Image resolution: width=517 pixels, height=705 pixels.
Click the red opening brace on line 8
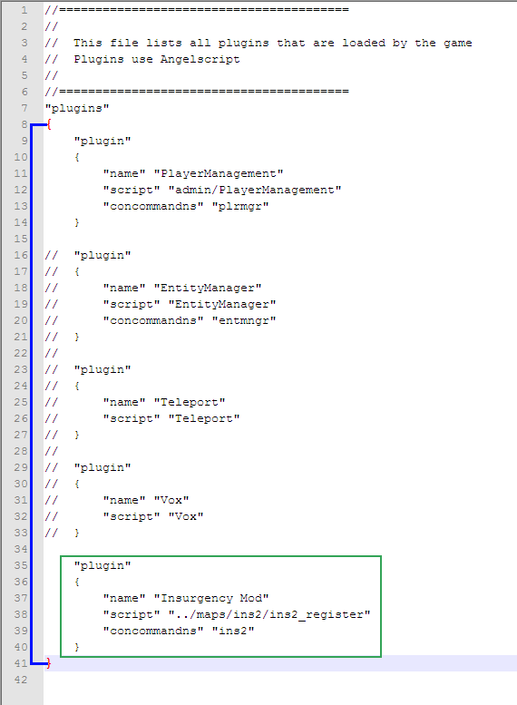49,124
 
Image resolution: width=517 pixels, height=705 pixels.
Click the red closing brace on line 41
49,663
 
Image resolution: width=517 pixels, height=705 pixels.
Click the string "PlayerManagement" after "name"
219,173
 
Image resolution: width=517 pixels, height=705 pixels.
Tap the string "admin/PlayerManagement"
255,190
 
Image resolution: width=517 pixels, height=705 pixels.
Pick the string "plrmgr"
240,206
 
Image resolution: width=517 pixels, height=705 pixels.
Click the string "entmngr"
244,320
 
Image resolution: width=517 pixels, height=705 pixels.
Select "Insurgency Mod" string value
211,599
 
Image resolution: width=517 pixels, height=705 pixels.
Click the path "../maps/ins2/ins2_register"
269,614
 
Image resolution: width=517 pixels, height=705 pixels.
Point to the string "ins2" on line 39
233,631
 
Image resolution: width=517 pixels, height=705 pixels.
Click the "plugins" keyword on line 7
77,108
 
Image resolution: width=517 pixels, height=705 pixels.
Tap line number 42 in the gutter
21,680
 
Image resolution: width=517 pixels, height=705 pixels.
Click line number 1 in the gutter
24,10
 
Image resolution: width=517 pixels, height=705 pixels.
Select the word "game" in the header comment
458,44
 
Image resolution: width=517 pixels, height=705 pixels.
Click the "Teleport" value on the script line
204,418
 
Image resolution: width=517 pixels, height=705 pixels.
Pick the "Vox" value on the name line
171,501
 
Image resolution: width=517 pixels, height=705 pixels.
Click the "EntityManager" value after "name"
208,288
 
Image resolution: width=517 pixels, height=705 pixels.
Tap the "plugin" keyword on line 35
102,565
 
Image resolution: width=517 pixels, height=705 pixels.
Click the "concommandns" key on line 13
153,206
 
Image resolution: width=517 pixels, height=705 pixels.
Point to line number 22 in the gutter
21,353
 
